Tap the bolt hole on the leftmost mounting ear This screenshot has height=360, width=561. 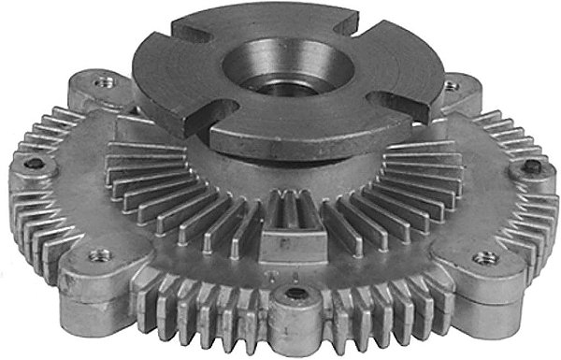point(34,166)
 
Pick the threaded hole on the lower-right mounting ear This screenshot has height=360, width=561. point(484,256)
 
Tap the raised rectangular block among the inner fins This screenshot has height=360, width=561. point(280,238)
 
